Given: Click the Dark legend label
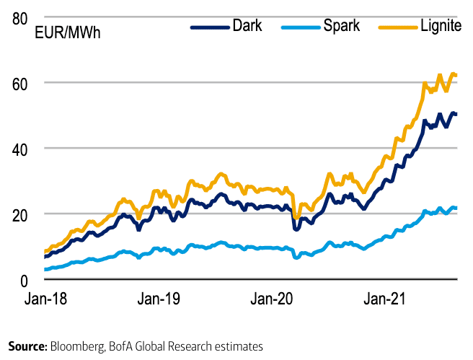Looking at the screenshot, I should click(247, 26).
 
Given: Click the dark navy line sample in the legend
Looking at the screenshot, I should click(208, 27).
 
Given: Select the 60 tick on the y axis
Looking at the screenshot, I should click(24, 83).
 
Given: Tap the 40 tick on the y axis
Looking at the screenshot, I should click(24, 149).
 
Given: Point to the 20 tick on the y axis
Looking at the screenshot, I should click(24, 214).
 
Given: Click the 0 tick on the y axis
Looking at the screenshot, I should click(28, 280).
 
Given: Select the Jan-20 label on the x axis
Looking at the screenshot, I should click(275, 297).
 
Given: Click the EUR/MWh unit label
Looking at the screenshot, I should click(71, 34).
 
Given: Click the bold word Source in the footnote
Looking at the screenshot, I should click(27, 346).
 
